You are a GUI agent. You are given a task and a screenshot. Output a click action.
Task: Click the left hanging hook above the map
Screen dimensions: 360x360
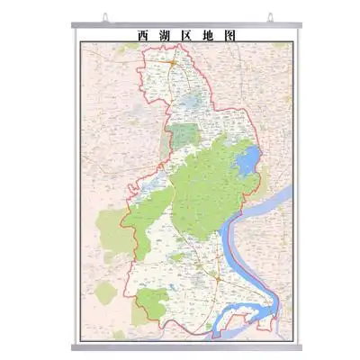105,16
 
